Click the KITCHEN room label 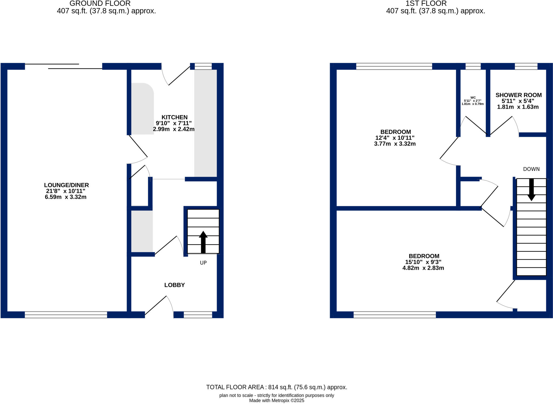(174, 117)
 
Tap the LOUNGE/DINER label (66, 185)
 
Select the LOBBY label (174, 285)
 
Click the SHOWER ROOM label (518, 95)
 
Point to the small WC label (473, 98)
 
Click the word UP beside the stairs (203, 263)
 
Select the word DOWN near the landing (531, 169)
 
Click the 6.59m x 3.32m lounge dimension (66, 197)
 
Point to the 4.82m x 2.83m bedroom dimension (423, 268)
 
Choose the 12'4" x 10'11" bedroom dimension (395, 138)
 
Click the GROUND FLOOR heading (100, 4)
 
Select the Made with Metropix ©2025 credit (276, 400)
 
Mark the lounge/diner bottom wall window (66, 315)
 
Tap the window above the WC (473, 66)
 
